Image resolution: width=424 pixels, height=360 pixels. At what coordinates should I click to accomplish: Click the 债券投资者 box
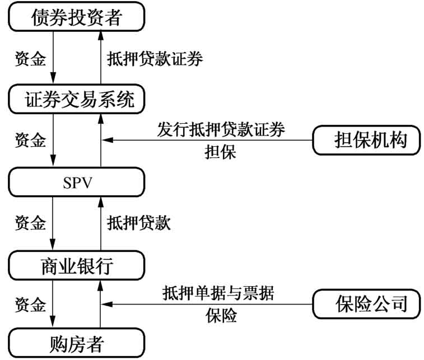77,18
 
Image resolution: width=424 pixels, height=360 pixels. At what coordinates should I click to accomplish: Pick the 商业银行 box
77,265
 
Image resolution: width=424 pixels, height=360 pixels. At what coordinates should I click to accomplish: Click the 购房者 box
77,342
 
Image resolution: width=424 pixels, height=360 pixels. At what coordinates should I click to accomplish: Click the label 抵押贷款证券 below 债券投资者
154,59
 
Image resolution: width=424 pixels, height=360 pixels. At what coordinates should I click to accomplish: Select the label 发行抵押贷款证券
221,130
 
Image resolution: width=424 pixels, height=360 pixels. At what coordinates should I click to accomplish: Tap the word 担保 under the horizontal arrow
221,153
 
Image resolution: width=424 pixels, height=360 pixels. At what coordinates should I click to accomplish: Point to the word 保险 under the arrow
221,316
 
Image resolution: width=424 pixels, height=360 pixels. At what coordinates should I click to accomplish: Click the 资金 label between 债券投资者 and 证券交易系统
30,59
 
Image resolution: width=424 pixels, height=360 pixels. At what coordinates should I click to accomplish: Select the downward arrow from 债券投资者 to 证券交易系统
53,59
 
